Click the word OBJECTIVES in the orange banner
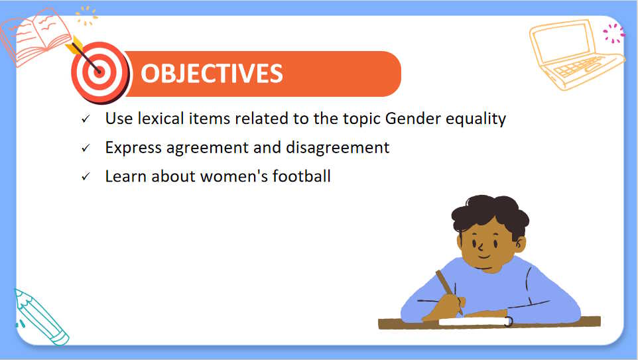(212, 74)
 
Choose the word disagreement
(338, 148)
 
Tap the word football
(302, 176)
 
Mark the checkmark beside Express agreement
(86, 148)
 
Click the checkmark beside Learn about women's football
(86, 176)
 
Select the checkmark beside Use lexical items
(86, 119)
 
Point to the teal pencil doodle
(40, 318)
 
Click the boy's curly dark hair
(490, 213)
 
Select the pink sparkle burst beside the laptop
(613, 33)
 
